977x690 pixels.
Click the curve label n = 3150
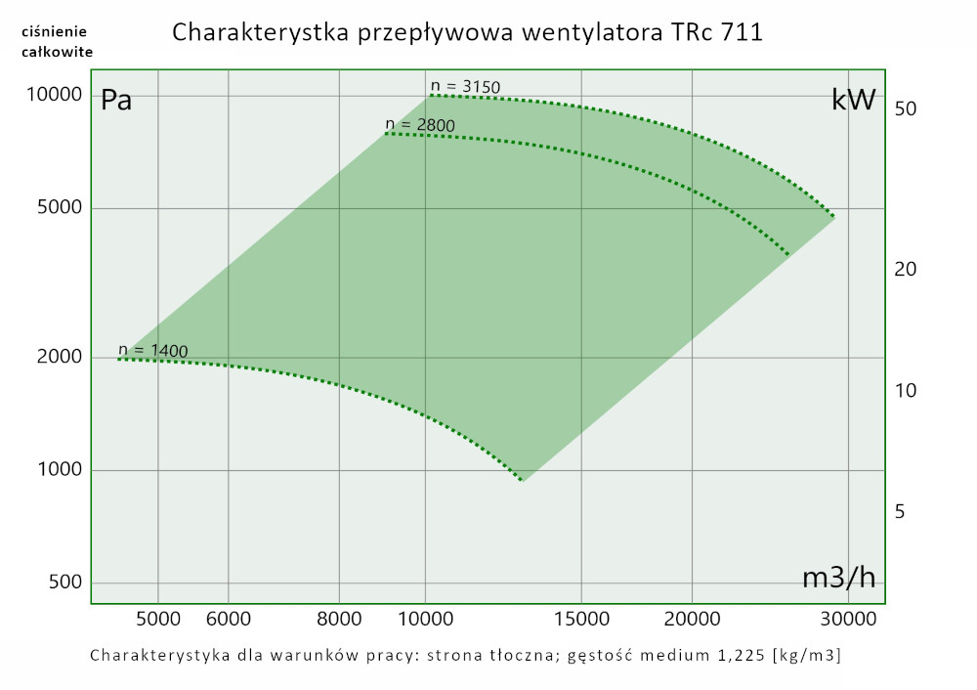click(x=465, y=87)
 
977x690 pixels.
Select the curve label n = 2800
click(x=420, y=124)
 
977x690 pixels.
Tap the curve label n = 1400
click(x=153, y=350)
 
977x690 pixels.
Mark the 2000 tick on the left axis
click(x=60, y=357)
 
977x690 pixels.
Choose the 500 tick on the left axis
click(x=64, y=583)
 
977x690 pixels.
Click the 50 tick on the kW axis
click(x=904, y=108)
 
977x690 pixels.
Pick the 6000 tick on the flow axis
click(x=228, y=619)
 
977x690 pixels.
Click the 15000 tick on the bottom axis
click(x=581, y=619)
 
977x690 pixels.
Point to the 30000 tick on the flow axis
click(x=846, y=619)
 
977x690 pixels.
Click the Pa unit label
click(x=116, y=101)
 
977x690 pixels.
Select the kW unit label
click(x=853, y=100)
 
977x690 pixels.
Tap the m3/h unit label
click(x=838, y=578)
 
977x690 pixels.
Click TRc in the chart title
click(x=693, y=32)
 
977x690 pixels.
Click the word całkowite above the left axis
click(x=58, y=52)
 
